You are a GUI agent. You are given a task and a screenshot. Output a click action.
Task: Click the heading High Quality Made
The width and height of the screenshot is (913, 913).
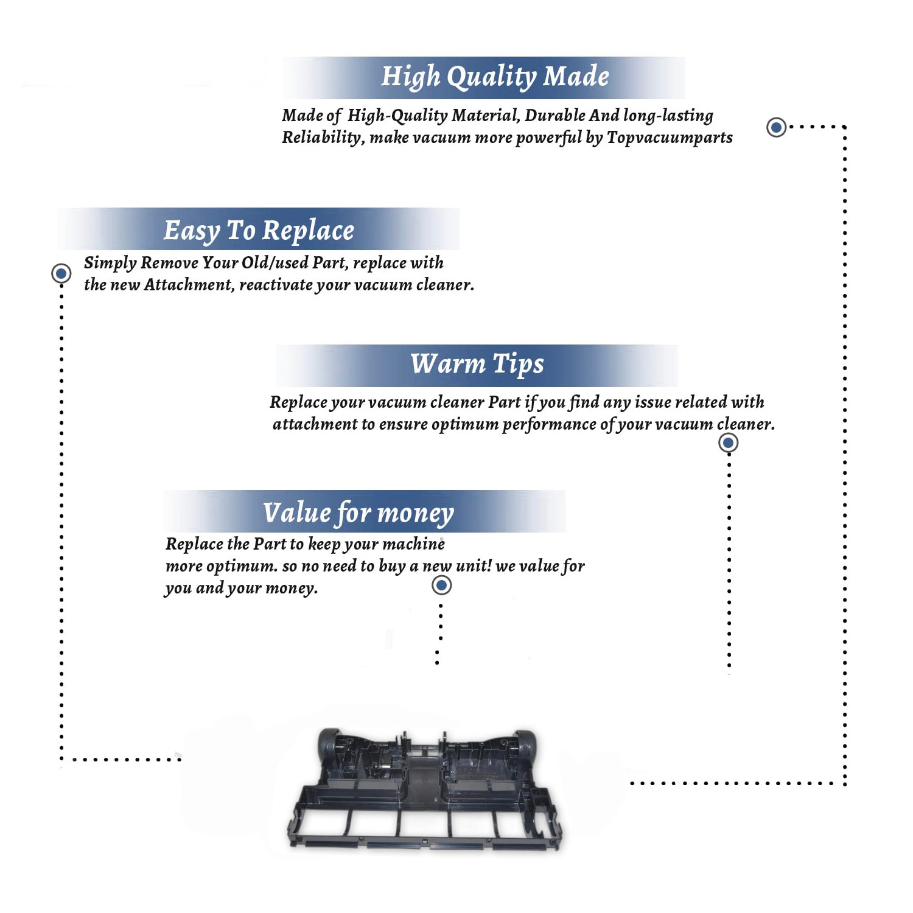pos(495,77)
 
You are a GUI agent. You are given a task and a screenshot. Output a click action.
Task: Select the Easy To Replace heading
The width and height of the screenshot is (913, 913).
pos(259,231)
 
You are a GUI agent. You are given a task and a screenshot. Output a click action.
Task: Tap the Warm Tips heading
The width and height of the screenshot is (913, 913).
pos(477,364)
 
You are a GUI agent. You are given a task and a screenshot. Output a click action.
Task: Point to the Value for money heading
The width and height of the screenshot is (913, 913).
pos(358,513)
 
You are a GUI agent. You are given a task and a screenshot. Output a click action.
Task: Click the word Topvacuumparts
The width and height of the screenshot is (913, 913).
pos(670,138)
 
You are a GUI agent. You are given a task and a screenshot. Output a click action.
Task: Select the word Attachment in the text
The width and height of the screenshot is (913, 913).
pos(189,285)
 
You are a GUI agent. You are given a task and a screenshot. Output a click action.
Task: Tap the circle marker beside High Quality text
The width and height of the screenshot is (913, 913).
pos(776,127)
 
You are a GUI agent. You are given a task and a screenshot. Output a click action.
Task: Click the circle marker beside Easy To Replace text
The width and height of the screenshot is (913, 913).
pos(61,273)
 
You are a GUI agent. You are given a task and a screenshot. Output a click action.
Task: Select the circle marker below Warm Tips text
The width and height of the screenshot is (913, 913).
pos(729,443)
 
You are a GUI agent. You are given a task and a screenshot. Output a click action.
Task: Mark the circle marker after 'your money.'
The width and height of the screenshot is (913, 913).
pos(441,586)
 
